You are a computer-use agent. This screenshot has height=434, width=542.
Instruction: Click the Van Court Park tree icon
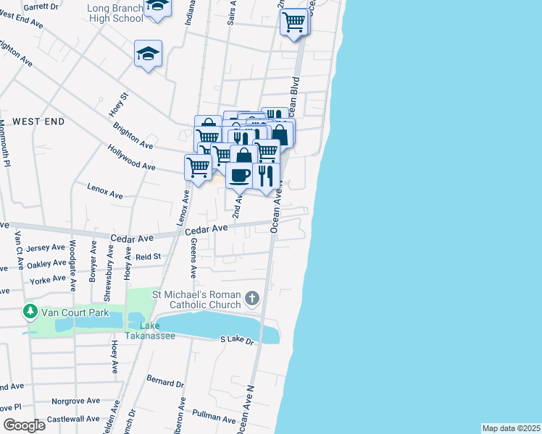[30, 312]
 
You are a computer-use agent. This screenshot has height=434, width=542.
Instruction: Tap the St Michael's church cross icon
[252, 297]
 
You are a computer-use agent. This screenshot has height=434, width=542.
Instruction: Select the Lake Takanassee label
[150, 331]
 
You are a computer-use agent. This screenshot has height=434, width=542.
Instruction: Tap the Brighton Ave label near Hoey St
[133, 135]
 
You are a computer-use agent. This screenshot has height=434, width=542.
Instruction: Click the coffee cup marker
[239, 174]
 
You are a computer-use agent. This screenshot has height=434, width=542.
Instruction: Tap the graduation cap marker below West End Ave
[148, 54]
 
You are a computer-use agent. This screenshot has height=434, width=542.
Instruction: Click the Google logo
[24, 425]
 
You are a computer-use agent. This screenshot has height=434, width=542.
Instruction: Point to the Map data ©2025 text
[512, 428]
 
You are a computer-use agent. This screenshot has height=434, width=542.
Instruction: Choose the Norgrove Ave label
[76, 401]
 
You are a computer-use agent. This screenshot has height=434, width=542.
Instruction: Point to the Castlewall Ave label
[73, 419]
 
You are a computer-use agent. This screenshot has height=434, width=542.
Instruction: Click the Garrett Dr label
[41, 7]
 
